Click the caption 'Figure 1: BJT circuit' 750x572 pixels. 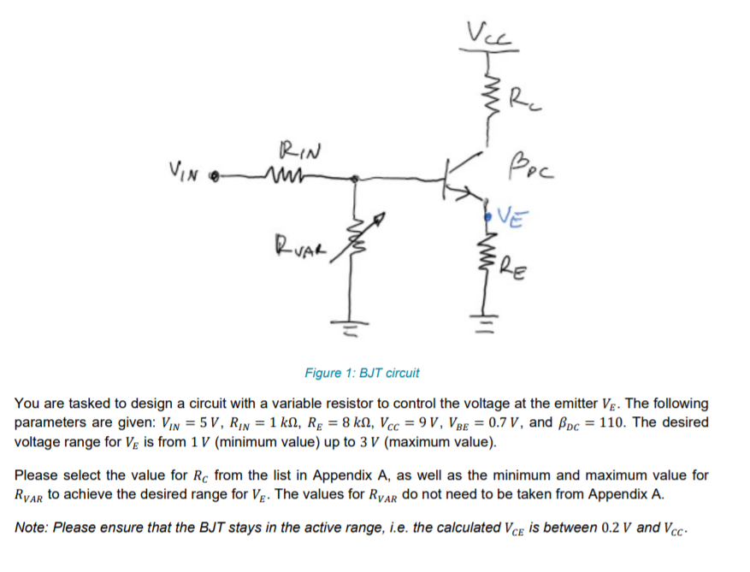pyautogui.click(x=362, y=374)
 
